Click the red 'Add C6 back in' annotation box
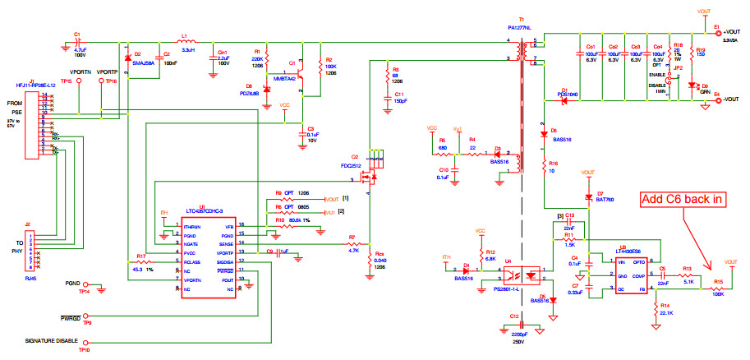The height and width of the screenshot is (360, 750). pyautogui.click(x=683, y=199)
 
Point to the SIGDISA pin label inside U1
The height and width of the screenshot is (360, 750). pyautogui.click(x=225, y=261)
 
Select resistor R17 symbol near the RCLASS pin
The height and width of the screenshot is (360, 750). pyautogui.click(x=145, y=262)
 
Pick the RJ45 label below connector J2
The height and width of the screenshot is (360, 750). pyautogui.click(x=32, y=277)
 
